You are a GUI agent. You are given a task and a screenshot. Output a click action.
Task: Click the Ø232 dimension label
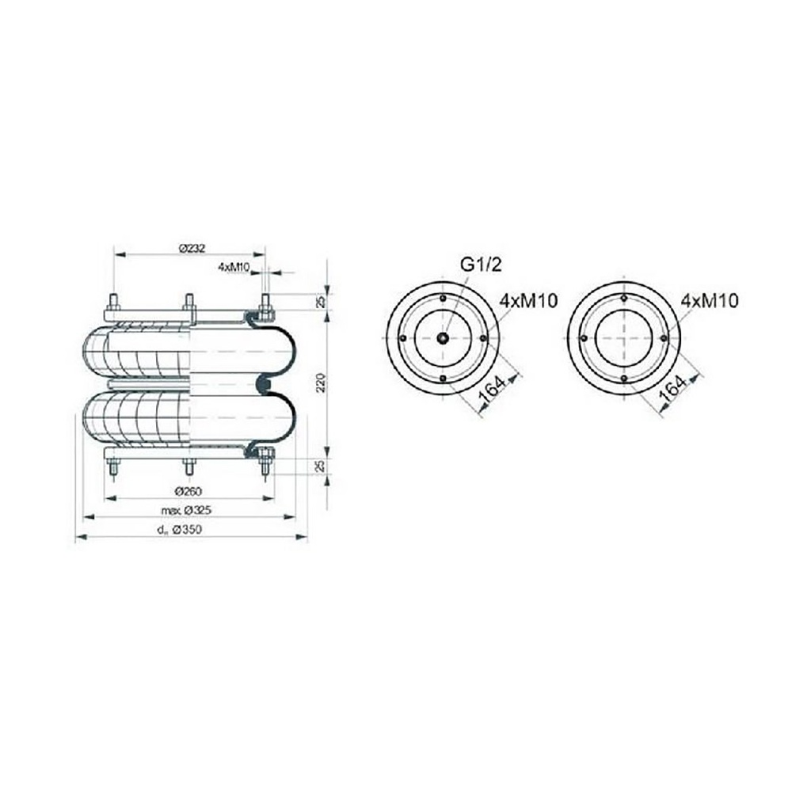pyautogui.click(x=192, y=248)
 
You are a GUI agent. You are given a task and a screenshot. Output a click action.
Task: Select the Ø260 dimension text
pyautogui.click(x=188, y=490)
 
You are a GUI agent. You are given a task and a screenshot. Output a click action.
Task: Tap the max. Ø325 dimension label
pyautogui.click(x=185, y=510)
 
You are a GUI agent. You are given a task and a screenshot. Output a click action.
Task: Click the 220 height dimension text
pyautogui.click(x=322, y=383)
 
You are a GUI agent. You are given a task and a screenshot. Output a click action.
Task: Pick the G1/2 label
pyautogui.click(x=481, y=265)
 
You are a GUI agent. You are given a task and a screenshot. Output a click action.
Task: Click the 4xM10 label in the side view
pyautogui.click(x=234, y=267)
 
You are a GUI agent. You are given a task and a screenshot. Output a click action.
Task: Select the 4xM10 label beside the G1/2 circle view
pyautogui.click(x=528, y=301)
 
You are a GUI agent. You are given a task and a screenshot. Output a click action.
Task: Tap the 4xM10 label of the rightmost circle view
pyautogui.click(x=710, y=300)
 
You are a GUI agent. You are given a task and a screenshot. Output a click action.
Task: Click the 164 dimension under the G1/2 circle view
pyautogui.click(x=492, y=390)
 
